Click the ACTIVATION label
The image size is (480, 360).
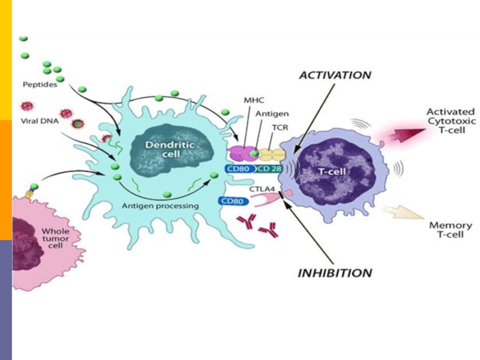click(335, 76)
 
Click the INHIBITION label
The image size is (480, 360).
click(335, 273)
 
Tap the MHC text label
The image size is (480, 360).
click(256, 100)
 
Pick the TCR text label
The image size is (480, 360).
click(277, 127)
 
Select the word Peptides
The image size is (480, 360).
click(40, 85)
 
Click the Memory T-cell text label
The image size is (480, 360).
click(451, 230)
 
